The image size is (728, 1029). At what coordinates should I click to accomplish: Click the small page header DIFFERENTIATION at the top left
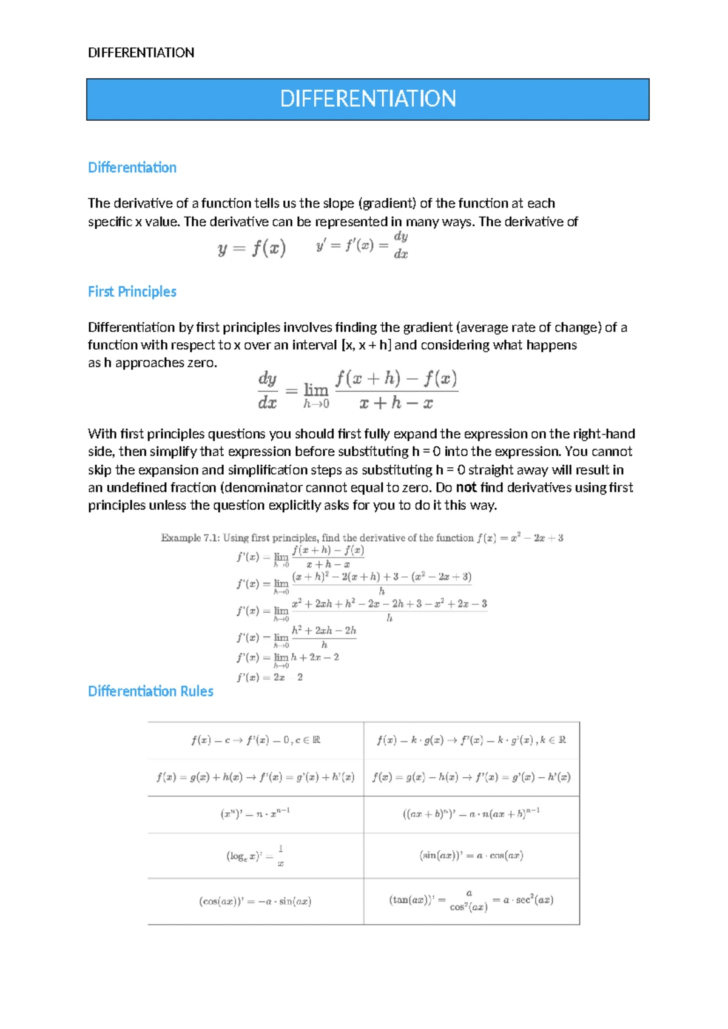141,53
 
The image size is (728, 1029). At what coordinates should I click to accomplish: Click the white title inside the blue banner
368,99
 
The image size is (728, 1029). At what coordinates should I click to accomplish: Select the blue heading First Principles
132,292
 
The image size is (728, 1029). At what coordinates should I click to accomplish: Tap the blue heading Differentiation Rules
150,691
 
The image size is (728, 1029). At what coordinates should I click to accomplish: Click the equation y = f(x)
252,248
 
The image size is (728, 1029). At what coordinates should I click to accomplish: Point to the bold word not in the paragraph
466,488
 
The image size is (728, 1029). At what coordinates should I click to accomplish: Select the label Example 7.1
189,538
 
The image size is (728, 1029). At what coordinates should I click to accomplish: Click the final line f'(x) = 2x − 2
270,677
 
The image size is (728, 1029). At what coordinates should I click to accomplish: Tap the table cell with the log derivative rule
255,855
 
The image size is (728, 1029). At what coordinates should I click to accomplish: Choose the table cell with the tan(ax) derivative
471,901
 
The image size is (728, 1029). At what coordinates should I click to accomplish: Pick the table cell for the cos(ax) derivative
255,902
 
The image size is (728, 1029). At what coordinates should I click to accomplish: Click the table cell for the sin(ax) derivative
471,855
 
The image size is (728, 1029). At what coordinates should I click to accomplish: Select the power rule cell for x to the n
255,813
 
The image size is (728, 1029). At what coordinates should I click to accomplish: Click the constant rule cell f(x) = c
255,740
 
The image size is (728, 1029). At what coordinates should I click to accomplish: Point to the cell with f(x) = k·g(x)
471,740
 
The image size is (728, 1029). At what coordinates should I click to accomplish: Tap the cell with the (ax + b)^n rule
471,813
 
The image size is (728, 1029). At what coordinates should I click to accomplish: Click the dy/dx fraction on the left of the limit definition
268,391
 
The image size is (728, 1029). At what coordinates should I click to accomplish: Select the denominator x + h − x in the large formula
396,403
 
